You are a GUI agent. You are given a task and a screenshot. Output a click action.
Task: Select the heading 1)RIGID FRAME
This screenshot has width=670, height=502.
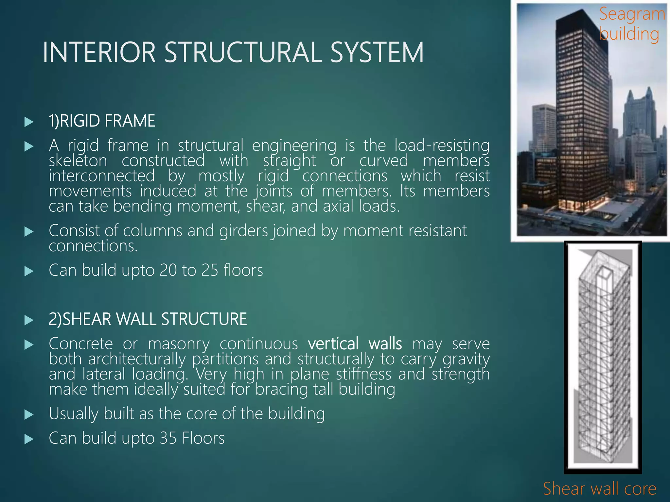pos(102,121)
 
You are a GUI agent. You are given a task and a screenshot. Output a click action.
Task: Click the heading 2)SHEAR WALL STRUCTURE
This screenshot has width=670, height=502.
pos(148,319)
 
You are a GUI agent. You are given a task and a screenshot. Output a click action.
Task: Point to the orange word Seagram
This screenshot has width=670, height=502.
pos(632,14)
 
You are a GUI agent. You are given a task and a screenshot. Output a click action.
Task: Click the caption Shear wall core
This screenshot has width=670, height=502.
pos(600,489)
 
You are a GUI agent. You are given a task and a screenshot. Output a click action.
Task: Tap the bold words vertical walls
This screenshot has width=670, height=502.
pos(355,343)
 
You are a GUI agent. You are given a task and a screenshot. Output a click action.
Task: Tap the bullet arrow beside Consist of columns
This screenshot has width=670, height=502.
pos(29,232)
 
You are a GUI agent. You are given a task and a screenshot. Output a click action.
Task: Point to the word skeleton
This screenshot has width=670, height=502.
pos(78,160)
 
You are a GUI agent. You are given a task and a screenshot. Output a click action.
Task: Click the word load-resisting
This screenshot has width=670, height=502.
pos(442,145)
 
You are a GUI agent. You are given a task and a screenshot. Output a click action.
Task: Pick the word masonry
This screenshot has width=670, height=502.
pos(179,343)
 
